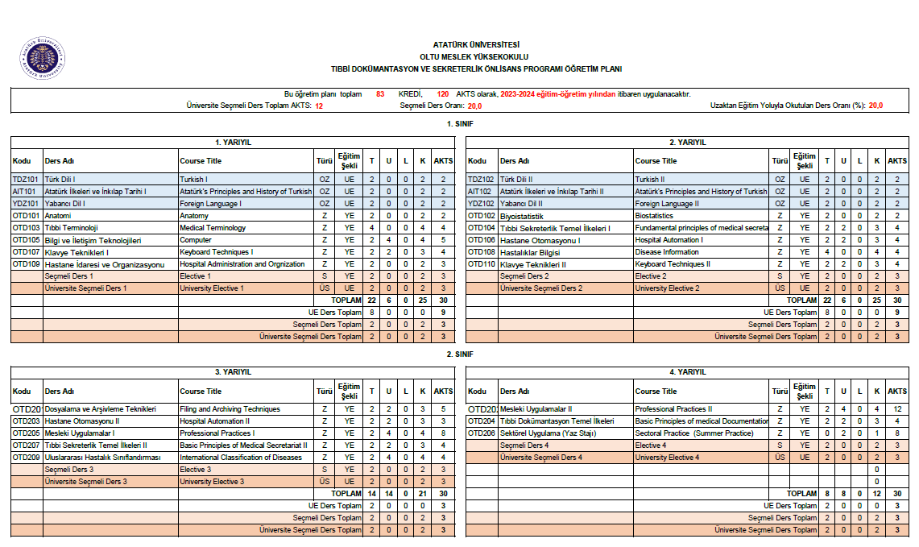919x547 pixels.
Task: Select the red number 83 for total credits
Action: pos(380,94)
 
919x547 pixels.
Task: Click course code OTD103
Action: pos(26,228)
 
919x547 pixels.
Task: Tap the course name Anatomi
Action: pos(58,216)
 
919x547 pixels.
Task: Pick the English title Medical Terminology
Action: pos(213,228)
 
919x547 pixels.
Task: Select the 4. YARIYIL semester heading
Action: pos(688,372)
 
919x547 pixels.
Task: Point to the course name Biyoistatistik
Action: pos(522,216)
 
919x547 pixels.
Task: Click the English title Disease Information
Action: pos(667,252)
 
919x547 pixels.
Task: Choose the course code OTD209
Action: pos(26,458)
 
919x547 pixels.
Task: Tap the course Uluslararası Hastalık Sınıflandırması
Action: pos(103,458)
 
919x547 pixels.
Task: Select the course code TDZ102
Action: pos(481,180)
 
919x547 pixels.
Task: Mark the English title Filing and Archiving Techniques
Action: pos(230,409)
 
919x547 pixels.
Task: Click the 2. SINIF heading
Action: pos(460,354)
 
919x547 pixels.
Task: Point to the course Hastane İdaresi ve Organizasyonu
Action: pos(105,264)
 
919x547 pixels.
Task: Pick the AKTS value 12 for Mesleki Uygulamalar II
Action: pos(896,409)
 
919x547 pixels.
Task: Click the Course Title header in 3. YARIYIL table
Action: pos(201,392)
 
